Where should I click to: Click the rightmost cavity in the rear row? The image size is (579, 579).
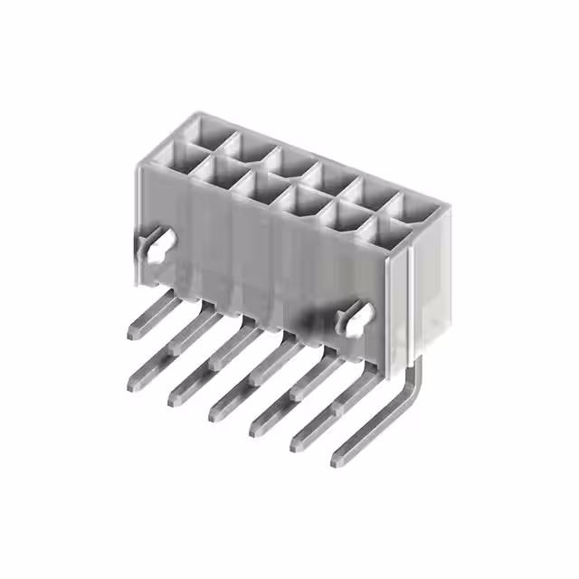coord(412,205)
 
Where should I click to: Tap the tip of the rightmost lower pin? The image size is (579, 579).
coord(337,460)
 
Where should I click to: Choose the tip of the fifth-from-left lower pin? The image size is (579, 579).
coord(297,444)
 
